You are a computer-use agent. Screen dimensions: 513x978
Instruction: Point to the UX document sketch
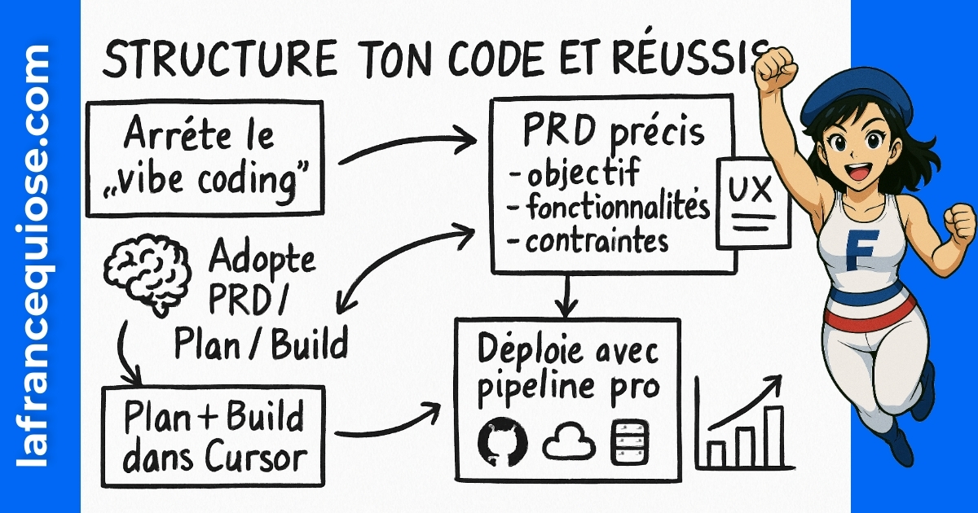(x=752, y=203)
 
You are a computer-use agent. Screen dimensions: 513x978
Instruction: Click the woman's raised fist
(x=776, y=69)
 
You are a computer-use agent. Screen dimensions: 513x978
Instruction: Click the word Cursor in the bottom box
(x=254, y=458)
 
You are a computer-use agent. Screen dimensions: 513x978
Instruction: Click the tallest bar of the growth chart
(x=773, y=436)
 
